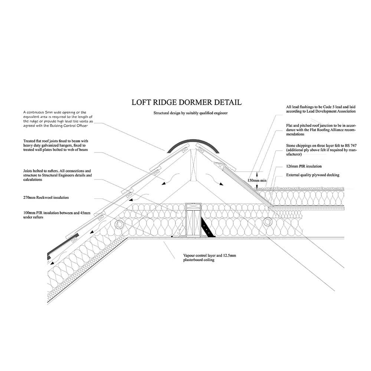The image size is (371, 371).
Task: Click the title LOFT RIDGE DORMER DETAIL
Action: point(187,102)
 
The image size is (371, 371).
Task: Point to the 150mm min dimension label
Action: point(257,181)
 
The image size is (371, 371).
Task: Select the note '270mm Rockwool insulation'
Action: point(46,198)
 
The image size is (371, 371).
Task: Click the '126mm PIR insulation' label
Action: point(304,167)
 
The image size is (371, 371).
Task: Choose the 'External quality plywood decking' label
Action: point(313,175)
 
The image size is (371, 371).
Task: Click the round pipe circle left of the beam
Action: point(120,224)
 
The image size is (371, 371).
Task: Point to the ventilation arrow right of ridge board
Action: point(220,181)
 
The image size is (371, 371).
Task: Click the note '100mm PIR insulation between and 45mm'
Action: point(56,213)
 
